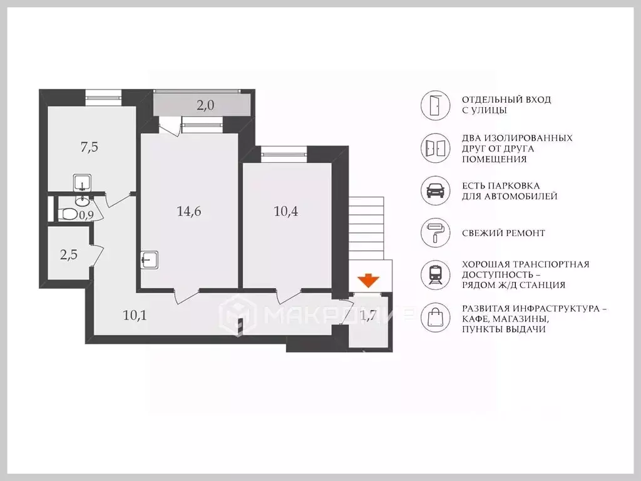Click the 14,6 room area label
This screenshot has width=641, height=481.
point(189,212)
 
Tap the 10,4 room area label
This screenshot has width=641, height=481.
point(285,212)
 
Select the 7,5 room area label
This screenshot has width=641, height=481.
point(90,147)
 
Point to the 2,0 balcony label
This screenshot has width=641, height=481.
point(205,105)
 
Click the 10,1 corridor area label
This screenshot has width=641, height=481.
point(135,316)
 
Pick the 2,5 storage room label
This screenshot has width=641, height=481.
point(69,255)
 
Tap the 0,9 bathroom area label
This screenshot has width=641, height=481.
point(86,215)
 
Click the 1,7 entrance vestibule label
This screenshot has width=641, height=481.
point(368,316)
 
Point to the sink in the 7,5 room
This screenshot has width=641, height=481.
point(82,183)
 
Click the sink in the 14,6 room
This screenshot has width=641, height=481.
point(150,259)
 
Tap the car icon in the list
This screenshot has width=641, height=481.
point(436,190)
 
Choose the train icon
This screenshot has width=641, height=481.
point(436,275)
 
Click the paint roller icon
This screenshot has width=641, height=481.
point(435,232)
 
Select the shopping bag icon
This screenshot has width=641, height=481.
point(436,318)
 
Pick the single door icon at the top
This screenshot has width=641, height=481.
point(436,105)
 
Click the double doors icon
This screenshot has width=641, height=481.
point(436,148)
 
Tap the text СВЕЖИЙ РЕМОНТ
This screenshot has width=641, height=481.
point(503,233)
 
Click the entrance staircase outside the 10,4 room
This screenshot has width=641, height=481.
point(366,228)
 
